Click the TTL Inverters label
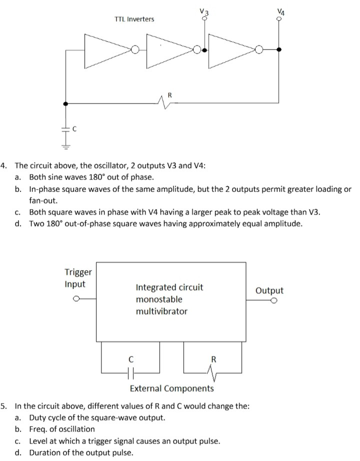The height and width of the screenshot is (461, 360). [x=134, y=19]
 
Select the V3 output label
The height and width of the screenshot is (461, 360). [x=202, y=11]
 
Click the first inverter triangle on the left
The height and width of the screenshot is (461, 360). [x=107, y=49]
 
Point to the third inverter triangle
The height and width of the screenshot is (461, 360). [x=231, y=49]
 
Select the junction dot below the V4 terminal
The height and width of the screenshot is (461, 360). [x=279, y=49]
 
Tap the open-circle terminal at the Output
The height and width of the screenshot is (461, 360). [x=274, y=301]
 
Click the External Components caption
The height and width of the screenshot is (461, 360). [x=171, y=388]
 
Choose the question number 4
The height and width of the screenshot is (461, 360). [x=4, y=165]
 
